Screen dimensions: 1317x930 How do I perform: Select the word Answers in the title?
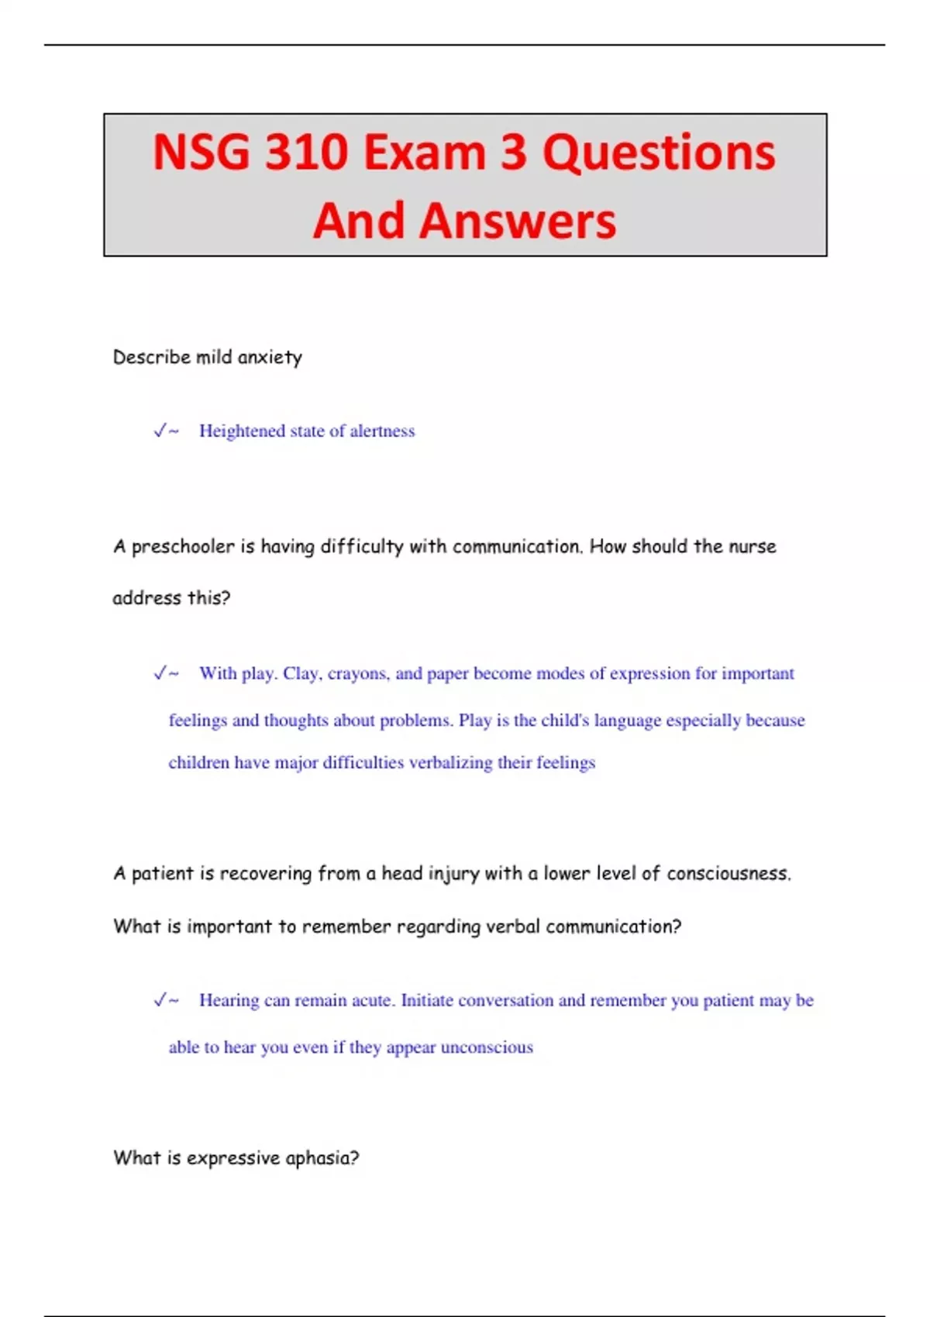[x=518, y=221]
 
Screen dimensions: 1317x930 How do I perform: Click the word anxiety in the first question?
[x=270, y=357]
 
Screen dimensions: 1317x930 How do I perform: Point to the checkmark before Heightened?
[x=160, y=431]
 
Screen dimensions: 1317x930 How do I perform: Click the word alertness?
[x=382, y=431]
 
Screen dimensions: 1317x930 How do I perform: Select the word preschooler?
[x=183, y=547]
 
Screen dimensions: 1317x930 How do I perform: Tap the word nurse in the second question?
[x=752, y=546]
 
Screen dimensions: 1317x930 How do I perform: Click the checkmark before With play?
[x=160, y=673]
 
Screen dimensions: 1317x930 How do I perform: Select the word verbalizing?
[x=450, y=763]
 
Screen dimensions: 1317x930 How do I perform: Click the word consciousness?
[x=728, y=874]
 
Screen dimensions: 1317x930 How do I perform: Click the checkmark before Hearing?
[x=160, y=1000]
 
